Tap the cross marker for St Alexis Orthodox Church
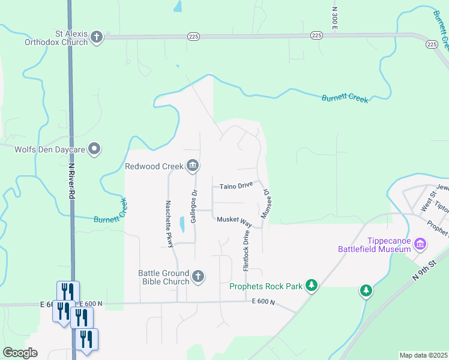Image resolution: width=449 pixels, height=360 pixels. pos(96,38)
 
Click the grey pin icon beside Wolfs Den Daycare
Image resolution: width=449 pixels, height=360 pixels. pos(94,148)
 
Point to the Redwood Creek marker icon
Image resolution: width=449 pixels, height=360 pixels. pos(193,166)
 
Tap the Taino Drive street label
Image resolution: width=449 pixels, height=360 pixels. pos(236,186)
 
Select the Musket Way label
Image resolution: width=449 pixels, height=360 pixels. pos(234,220)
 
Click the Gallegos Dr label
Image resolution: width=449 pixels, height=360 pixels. pos(194,207)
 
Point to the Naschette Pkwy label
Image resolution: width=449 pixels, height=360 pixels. pos(170,223)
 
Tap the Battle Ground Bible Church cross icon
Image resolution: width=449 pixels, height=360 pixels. pos(198,277)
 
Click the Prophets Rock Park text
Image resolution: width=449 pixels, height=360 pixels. pos(266,286)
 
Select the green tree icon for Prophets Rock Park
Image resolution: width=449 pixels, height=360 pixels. pos(311,285)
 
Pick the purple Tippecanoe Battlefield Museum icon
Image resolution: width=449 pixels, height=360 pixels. pos(420,244)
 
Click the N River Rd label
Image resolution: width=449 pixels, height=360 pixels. pos(71,181)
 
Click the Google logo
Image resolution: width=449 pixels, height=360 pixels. pos(20,353)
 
